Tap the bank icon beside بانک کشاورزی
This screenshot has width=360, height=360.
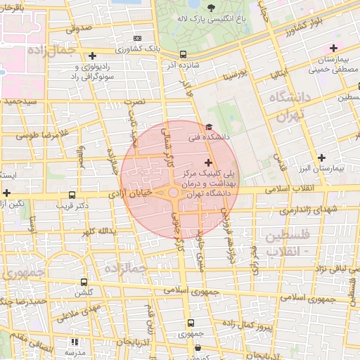click(137, 38)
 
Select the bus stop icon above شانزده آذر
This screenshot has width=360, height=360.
click(184, 53)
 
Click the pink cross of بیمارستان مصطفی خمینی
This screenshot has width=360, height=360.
click(333, 48)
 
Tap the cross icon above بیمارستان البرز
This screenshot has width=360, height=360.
click(322, 157)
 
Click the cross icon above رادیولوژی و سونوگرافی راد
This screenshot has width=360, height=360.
click(92, 55)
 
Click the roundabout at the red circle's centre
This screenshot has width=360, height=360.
click(173, 192)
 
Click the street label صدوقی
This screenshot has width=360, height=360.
click(79, 30)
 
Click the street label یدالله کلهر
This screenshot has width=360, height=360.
click(97, 231)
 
